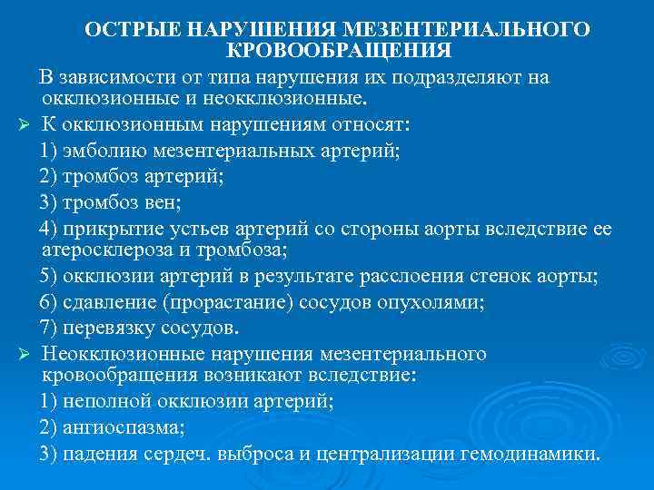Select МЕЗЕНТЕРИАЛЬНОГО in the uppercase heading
click(476, 30)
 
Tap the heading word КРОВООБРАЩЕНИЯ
click(337, 50)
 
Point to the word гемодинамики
click(540, 454)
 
